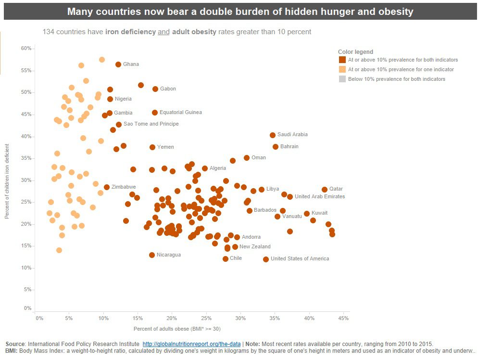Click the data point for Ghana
point(118,64)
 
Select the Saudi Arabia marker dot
point(273,135)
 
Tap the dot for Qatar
point(325,190)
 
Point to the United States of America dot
point(266,259)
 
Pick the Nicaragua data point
point(152,255)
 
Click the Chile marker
point(226,259)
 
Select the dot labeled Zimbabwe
point(107,187)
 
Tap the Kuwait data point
point(307,214)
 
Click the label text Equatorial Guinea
point(181,113)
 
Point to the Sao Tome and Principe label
point(151,124)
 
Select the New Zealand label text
point(255,247)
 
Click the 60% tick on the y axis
point(26,49)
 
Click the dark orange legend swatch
point(342,60)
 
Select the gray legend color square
point(342,79)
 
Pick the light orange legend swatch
point(342,69)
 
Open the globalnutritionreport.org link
point(191,344)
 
